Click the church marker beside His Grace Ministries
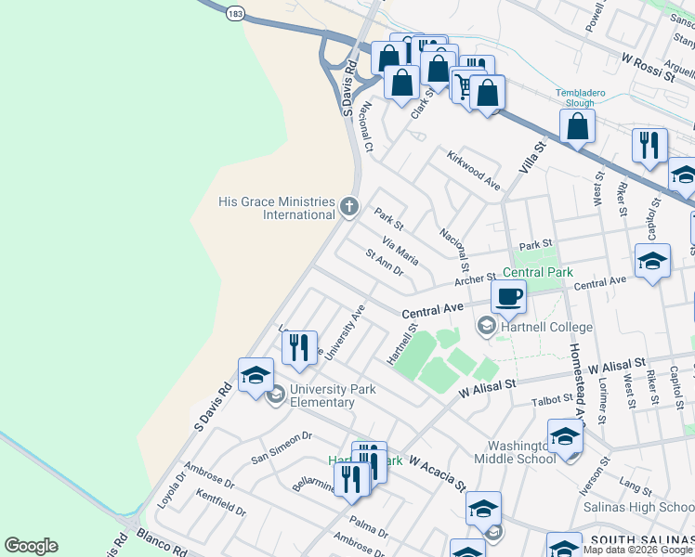click(x=349, y=206)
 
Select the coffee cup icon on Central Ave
click(x=508, y=297)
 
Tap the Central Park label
click(x=538, y=273)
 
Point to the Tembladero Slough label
click(x=580, y=97)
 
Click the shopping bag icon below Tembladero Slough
click(x=579, y=125)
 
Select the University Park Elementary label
click(x=332, y=396)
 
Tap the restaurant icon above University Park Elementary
click(x=299, y=347)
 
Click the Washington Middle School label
click(x=514, y=451)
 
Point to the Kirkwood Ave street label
click(x=473, y=171)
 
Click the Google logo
click(x=32, y=546)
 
